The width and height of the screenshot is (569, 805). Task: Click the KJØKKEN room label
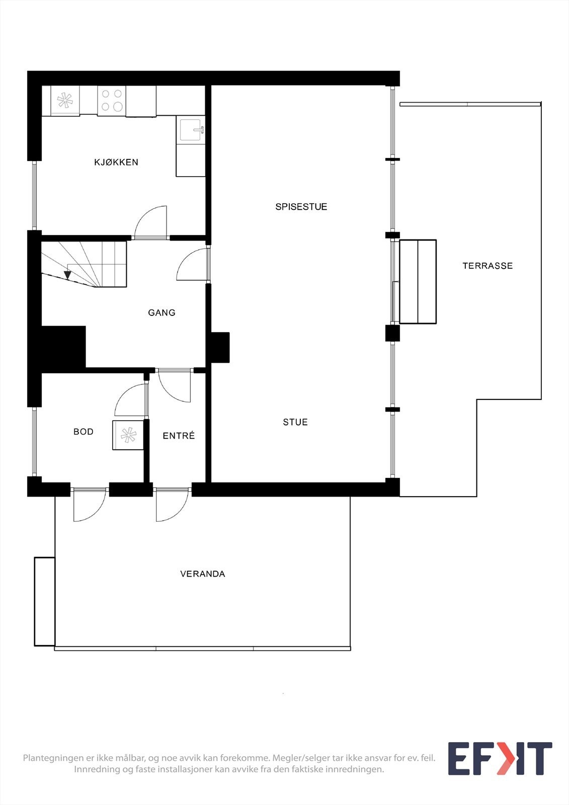point(116,162)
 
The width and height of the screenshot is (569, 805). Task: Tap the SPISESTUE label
point(301,207)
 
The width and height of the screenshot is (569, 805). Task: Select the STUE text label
point(295,422)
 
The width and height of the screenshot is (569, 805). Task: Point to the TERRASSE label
point(487,266)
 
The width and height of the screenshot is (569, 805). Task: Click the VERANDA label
point(202,574)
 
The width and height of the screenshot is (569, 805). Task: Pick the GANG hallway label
point(161,312)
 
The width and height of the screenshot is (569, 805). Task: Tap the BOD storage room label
point(84,432)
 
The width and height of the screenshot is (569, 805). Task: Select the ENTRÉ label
point(179,436)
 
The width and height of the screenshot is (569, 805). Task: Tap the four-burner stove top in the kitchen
point(112,100)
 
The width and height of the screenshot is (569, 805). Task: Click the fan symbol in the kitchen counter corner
point(65,100)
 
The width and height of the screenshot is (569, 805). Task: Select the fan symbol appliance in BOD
point(128,435)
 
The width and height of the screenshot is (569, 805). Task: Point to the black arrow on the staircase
point(67,275)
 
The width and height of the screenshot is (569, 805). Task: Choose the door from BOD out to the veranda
point(89,505)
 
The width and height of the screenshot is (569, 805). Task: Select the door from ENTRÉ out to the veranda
point(172,505)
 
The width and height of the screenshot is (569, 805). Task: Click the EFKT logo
point(500,759)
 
